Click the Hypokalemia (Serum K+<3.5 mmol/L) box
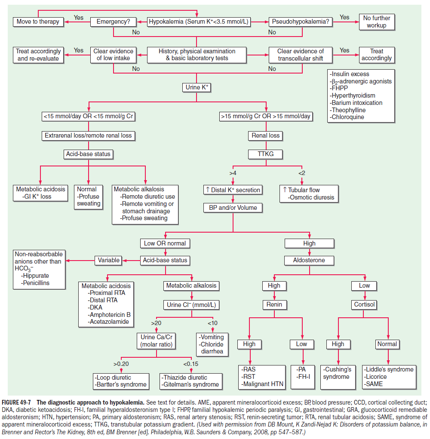click(199, 21)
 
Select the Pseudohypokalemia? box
click(301, 21)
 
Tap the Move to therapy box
click(38, 21)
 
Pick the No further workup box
click(377, 21)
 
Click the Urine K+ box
click(197, 88)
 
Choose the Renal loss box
click(265, 135)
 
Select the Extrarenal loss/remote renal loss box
click(88, 135)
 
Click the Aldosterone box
click(309, 260)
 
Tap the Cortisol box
click(364, 304)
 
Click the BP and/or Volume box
click(233, 208)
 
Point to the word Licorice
click(376, 377)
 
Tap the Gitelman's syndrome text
click(190, 384)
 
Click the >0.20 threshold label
click(122, 364)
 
